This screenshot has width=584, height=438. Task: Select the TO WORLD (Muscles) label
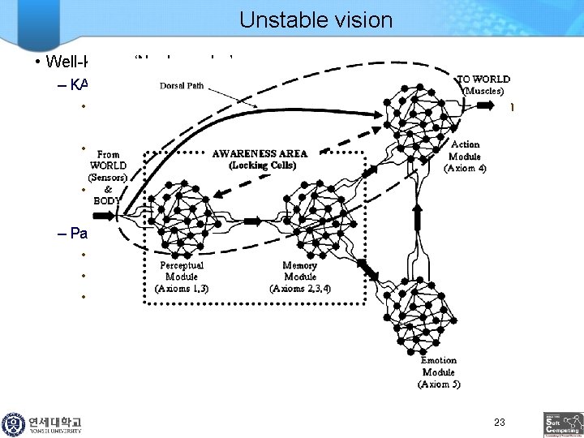484,85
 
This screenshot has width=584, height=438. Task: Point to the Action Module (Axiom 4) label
465,157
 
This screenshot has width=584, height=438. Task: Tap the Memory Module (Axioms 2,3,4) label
300,276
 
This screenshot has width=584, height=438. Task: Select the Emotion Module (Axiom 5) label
439,371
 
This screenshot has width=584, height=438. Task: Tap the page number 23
499,423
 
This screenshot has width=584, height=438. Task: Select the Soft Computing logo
561,424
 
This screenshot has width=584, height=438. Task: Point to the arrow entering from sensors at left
106,217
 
